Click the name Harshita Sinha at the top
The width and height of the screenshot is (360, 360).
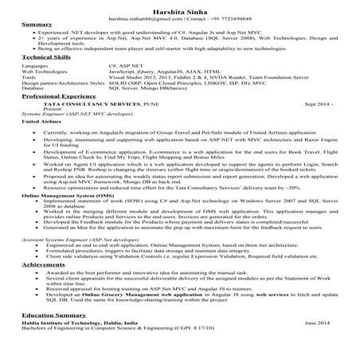tap(179, 7)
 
